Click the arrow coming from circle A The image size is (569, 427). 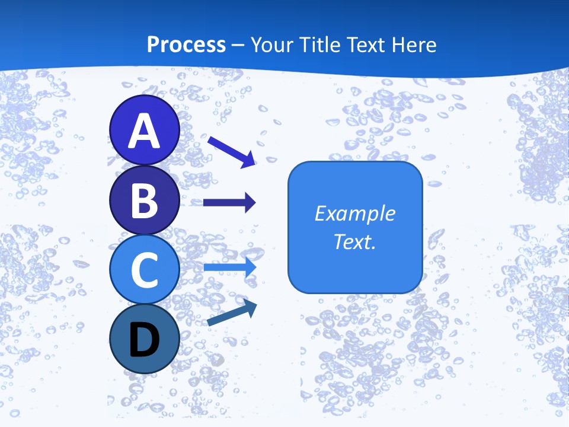(x=231, y=151)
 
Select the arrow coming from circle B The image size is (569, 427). (x=229, y=203)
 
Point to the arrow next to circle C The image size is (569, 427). (x=230, y=267)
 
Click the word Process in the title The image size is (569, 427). (x=186, y=44)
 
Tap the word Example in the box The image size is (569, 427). (x=354, y=213)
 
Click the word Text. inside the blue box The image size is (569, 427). (x=354, y=241)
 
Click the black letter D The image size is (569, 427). (x=144, y=340)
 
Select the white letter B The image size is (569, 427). (x=144, y=200)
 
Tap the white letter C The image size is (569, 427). (x=144, y=270)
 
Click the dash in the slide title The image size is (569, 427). (x=238, y=45)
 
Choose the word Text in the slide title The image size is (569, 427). (x=371, y=44)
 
